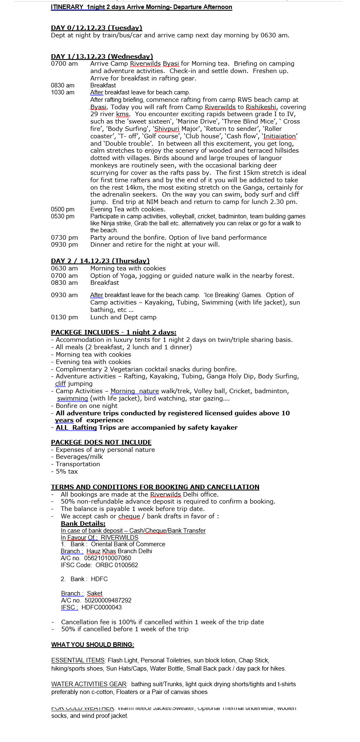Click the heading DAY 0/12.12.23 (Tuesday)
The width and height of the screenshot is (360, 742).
(96, 28)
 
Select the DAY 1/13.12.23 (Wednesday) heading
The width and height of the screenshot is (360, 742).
(102, 57)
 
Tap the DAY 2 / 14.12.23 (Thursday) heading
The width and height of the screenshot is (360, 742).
(100, 261)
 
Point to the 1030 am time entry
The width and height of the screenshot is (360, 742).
(63, 93)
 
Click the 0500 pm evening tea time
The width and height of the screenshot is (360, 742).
(63, 209)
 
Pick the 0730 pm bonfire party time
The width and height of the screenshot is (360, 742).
(64, 238)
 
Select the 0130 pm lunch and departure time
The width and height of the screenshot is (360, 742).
(64, 317)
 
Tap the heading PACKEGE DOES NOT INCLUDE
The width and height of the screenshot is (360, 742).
(101, 442)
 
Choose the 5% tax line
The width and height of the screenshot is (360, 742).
(66, 472)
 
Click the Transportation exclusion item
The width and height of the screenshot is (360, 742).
(78, 464)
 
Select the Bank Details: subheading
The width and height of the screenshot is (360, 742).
(83, 524)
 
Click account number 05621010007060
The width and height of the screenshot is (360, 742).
(108, 558)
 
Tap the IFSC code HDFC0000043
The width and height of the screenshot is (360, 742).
(101, 607)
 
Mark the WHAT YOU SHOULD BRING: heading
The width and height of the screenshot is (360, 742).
(93, 645)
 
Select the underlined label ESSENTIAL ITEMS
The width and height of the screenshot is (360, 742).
(78, 660)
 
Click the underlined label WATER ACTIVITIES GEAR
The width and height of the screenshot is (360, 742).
(89, 684)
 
